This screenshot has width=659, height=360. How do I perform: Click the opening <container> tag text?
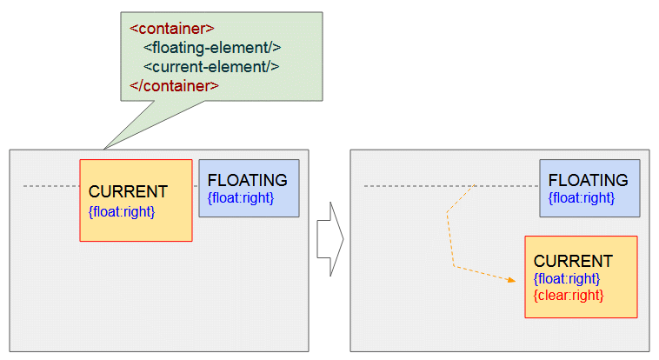pyautogui.click(x=172, y=29)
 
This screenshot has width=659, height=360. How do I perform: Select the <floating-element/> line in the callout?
pyautogui.click(x=212, y=48)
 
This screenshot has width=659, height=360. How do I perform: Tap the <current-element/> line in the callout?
pyautogui.click(x=211, y=66)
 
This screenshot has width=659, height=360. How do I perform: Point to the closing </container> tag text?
pyautogui.click(x=174, y=86)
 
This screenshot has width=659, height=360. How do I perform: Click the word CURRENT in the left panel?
pyautogui.click(x=128, y=192)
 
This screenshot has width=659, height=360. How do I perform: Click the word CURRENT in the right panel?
pyautogui.click(x=573, y=261)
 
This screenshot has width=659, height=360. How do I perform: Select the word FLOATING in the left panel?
pyautogui.click(x=248, y=180)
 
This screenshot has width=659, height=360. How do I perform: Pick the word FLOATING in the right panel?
pyautogui.click(x=589, y=180)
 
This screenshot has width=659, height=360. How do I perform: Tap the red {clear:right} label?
pyautogui.click(x=569, y=296)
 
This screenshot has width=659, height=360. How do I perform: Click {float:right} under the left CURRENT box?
pyautogui.click(x=122, y=211)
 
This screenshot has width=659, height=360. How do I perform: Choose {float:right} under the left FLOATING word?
pyautogui.click(x=241, y=197)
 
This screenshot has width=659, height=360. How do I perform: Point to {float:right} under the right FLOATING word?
pyautogui.click(x=582, y=197)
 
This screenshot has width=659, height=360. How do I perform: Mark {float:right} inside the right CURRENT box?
pyautogui.click(x=567, y=278)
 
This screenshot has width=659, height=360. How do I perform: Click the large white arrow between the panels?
pyautogui.click(x=330, y=239)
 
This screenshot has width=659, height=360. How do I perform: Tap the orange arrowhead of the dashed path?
pyautogui.click(x=512, y=280)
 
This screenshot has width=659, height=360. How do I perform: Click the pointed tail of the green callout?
pyautogui.click(x=103, y=149)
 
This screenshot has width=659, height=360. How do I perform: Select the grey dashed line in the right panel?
pyautogui.click(x=451, y=186)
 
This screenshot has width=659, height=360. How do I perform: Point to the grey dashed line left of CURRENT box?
pyautogui.click(x=51, y=186)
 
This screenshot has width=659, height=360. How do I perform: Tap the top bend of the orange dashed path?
pyautogui.click(x=447, y=212)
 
